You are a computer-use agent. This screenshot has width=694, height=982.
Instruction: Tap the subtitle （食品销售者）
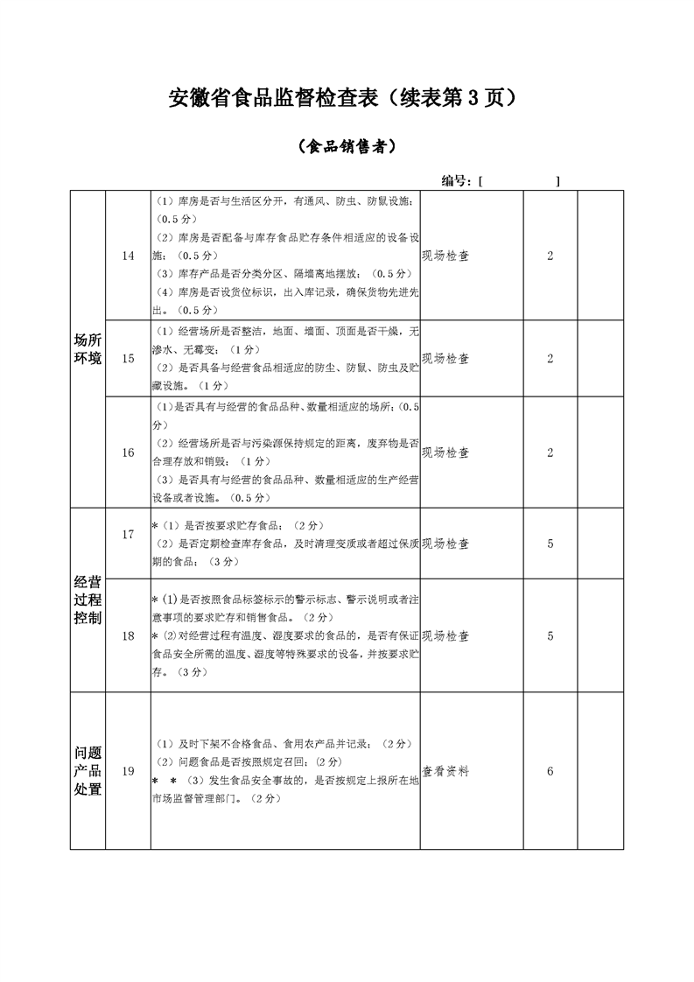pos(347,147)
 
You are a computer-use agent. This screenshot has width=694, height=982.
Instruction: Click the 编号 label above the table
pos(458,180)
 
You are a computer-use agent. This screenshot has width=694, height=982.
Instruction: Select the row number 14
pos(129,256)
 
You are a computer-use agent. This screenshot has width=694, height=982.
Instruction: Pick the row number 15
pos(129,358)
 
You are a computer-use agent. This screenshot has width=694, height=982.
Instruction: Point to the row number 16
pos(129,452)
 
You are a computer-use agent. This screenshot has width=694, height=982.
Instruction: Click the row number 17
pos(129,534)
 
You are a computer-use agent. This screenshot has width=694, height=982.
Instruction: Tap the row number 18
pos(129,635)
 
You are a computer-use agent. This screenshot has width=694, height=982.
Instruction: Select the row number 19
pos(129,771)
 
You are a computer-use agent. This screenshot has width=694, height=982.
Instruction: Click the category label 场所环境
pos(88,348)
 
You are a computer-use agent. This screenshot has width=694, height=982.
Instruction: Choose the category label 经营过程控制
pos(88,600)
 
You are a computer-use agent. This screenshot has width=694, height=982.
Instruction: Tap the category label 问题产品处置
pos(88,771)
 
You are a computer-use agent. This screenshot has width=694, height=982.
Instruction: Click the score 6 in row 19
pos(550,771)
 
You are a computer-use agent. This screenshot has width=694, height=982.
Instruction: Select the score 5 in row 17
pos(550,544)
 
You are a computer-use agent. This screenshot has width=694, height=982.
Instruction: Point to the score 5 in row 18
pos(550,635)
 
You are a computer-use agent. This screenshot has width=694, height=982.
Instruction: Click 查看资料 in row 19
pos(445,771)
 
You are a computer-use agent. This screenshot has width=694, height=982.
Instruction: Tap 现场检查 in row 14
pos(445,256)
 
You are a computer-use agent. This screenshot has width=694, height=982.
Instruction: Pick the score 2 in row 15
pos(550,358)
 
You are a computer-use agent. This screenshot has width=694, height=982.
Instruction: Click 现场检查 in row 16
pos(445,452)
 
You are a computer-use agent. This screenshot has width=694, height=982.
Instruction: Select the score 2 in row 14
pos(550,256)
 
